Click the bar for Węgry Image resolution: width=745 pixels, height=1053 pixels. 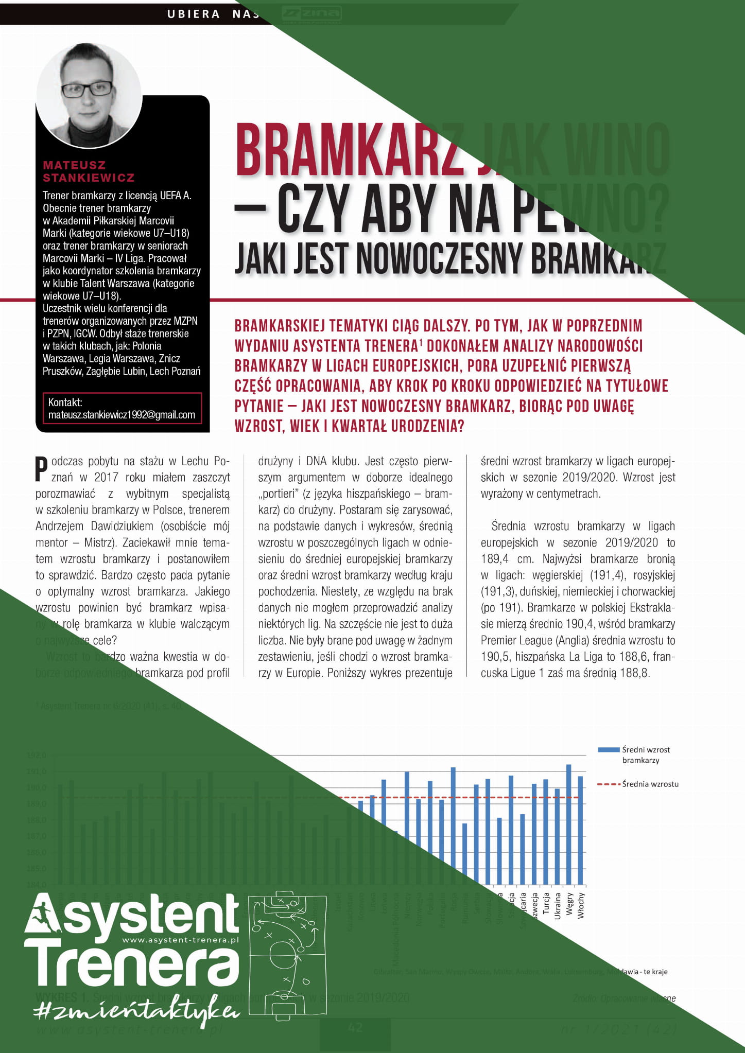click(569, 824)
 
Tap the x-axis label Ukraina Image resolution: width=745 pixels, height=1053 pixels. click(558, 906)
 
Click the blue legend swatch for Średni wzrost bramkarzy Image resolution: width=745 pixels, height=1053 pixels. click(608, 750)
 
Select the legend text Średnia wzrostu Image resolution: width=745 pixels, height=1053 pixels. click(650, 784)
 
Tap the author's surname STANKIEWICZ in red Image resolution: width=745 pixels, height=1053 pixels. click(89, 178)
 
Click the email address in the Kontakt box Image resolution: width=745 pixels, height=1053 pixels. click(122, 415)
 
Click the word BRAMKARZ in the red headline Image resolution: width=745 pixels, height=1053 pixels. click(345, 151)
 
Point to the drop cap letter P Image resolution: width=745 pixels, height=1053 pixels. click(41, 468)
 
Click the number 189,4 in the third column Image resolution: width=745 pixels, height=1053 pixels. click(495, 559)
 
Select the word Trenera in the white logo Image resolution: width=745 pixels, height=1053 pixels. click(132, 968)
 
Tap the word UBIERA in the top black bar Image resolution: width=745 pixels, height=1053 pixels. click(194, 14)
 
